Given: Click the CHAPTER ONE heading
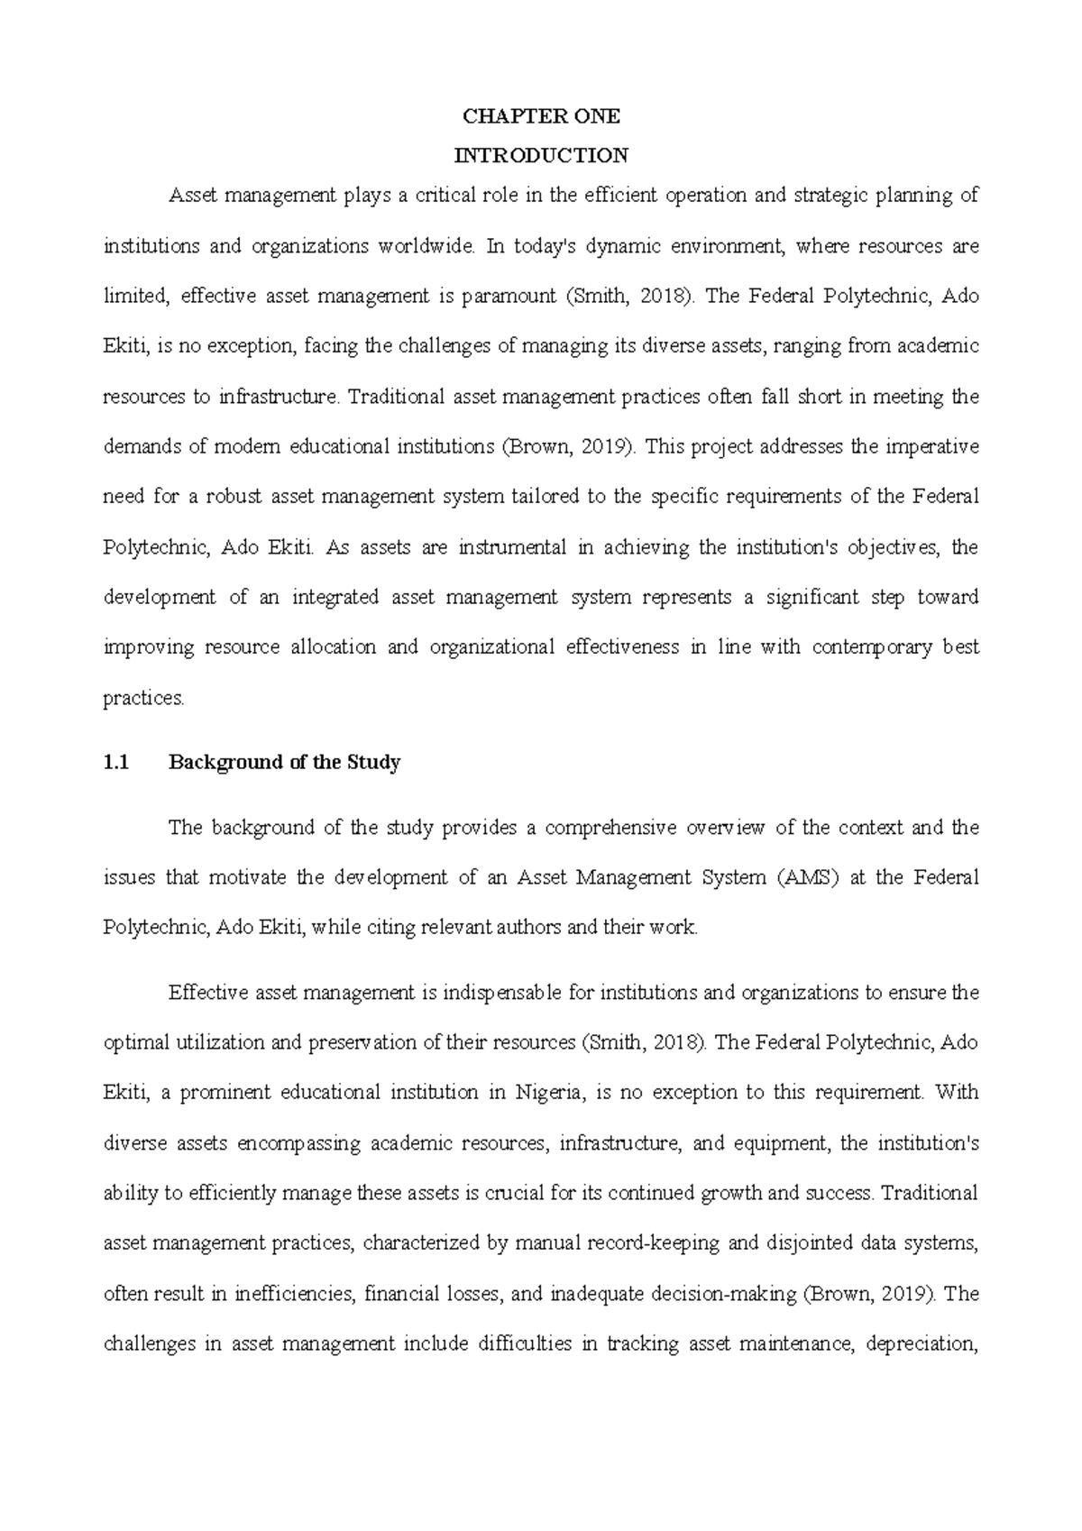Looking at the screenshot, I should pos(541,116).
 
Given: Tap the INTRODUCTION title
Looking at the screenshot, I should pos(541,156).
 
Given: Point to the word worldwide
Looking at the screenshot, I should pos(414,246).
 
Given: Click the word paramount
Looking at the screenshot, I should pos(509,297).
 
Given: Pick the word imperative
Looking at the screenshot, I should pos(936,447).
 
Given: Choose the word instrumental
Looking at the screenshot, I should pos(512,547).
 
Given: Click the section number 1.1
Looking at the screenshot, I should pos(117,763).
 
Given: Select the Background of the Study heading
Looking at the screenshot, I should pos(285,763).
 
